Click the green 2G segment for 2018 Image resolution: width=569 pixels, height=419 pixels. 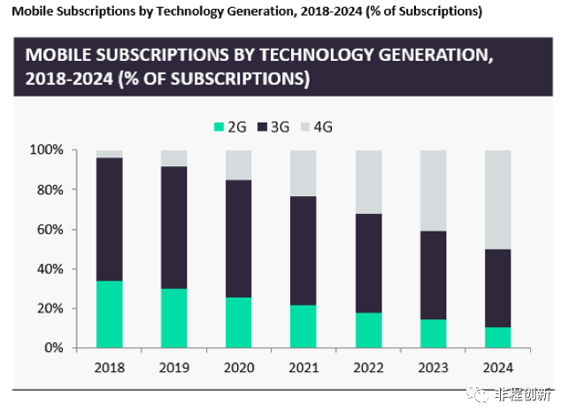coord(110,314)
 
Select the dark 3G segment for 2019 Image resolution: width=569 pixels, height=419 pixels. coord(174,227)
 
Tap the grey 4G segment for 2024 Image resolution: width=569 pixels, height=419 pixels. coord(498,200)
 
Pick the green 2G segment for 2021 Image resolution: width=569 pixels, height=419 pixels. coord(304,326)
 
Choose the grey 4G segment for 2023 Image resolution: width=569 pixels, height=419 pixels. coord(434,191)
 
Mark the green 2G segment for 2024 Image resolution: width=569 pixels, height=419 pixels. coord(498,338)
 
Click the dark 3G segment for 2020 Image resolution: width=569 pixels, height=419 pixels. coord(239,239)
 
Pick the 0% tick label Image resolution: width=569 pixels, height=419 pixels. coord(53,348)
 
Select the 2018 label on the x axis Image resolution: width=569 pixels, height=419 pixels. coord(110,366)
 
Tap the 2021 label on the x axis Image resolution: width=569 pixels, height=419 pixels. coord(304,366)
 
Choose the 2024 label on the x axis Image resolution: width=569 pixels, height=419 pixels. coord(498,366)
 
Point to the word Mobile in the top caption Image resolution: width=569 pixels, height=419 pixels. coord(30,11)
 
